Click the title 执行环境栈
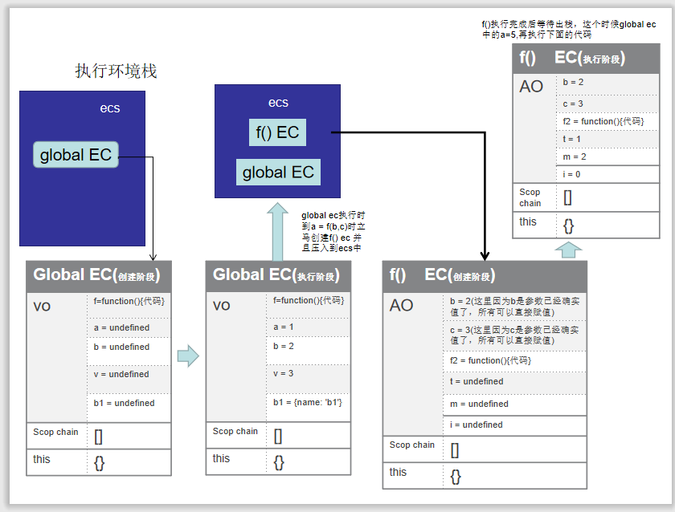116,71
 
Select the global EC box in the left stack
76,155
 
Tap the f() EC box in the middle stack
277,132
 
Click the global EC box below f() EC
278,172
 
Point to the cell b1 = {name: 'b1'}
308,402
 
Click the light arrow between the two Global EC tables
187,356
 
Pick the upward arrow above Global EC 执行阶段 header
278,230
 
